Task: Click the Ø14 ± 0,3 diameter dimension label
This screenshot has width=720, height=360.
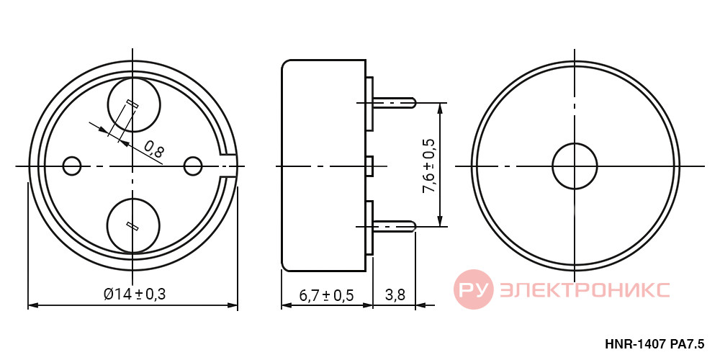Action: [134, 294]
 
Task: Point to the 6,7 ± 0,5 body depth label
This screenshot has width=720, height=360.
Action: [326, 295]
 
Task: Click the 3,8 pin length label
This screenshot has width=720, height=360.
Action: [395, 295]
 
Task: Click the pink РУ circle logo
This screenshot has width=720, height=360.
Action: [474, 289]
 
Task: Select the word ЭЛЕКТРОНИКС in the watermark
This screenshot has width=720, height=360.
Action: [584, 289]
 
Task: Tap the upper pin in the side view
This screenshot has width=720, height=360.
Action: [395, 102]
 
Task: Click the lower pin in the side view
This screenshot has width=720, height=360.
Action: [395, 226]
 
